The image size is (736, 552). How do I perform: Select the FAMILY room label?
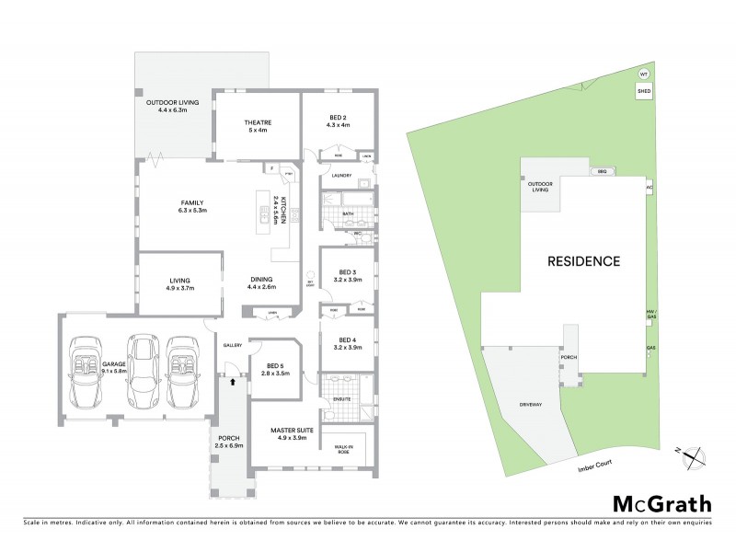pyautogui.click(x=191, y=203)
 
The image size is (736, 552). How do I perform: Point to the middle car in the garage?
pyautogui.click(x=142, y=368)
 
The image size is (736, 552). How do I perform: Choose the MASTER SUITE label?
pyautogui.click(x=293, y=431)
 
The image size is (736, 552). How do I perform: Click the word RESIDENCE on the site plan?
pyautogui.click(x=584, y=260)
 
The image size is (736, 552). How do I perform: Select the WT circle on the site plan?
pyautogui.click(x=644, y=74)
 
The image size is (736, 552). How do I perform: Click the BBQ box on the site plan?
pyautogui.click(x=604, y=171)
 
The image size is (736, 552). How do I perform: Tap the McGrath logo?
pyautogui.click(x=662, y=503)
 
